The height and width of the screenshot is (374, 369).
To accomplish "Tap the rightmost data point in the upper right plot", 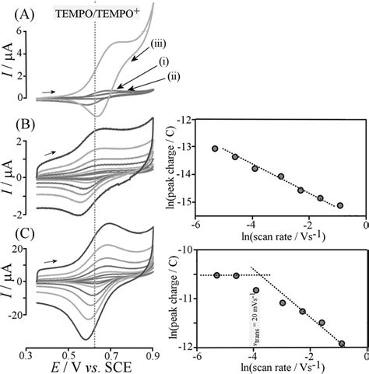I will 340,205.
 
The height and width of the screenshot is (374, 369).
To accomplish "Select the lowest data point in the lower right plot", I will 341,343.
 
